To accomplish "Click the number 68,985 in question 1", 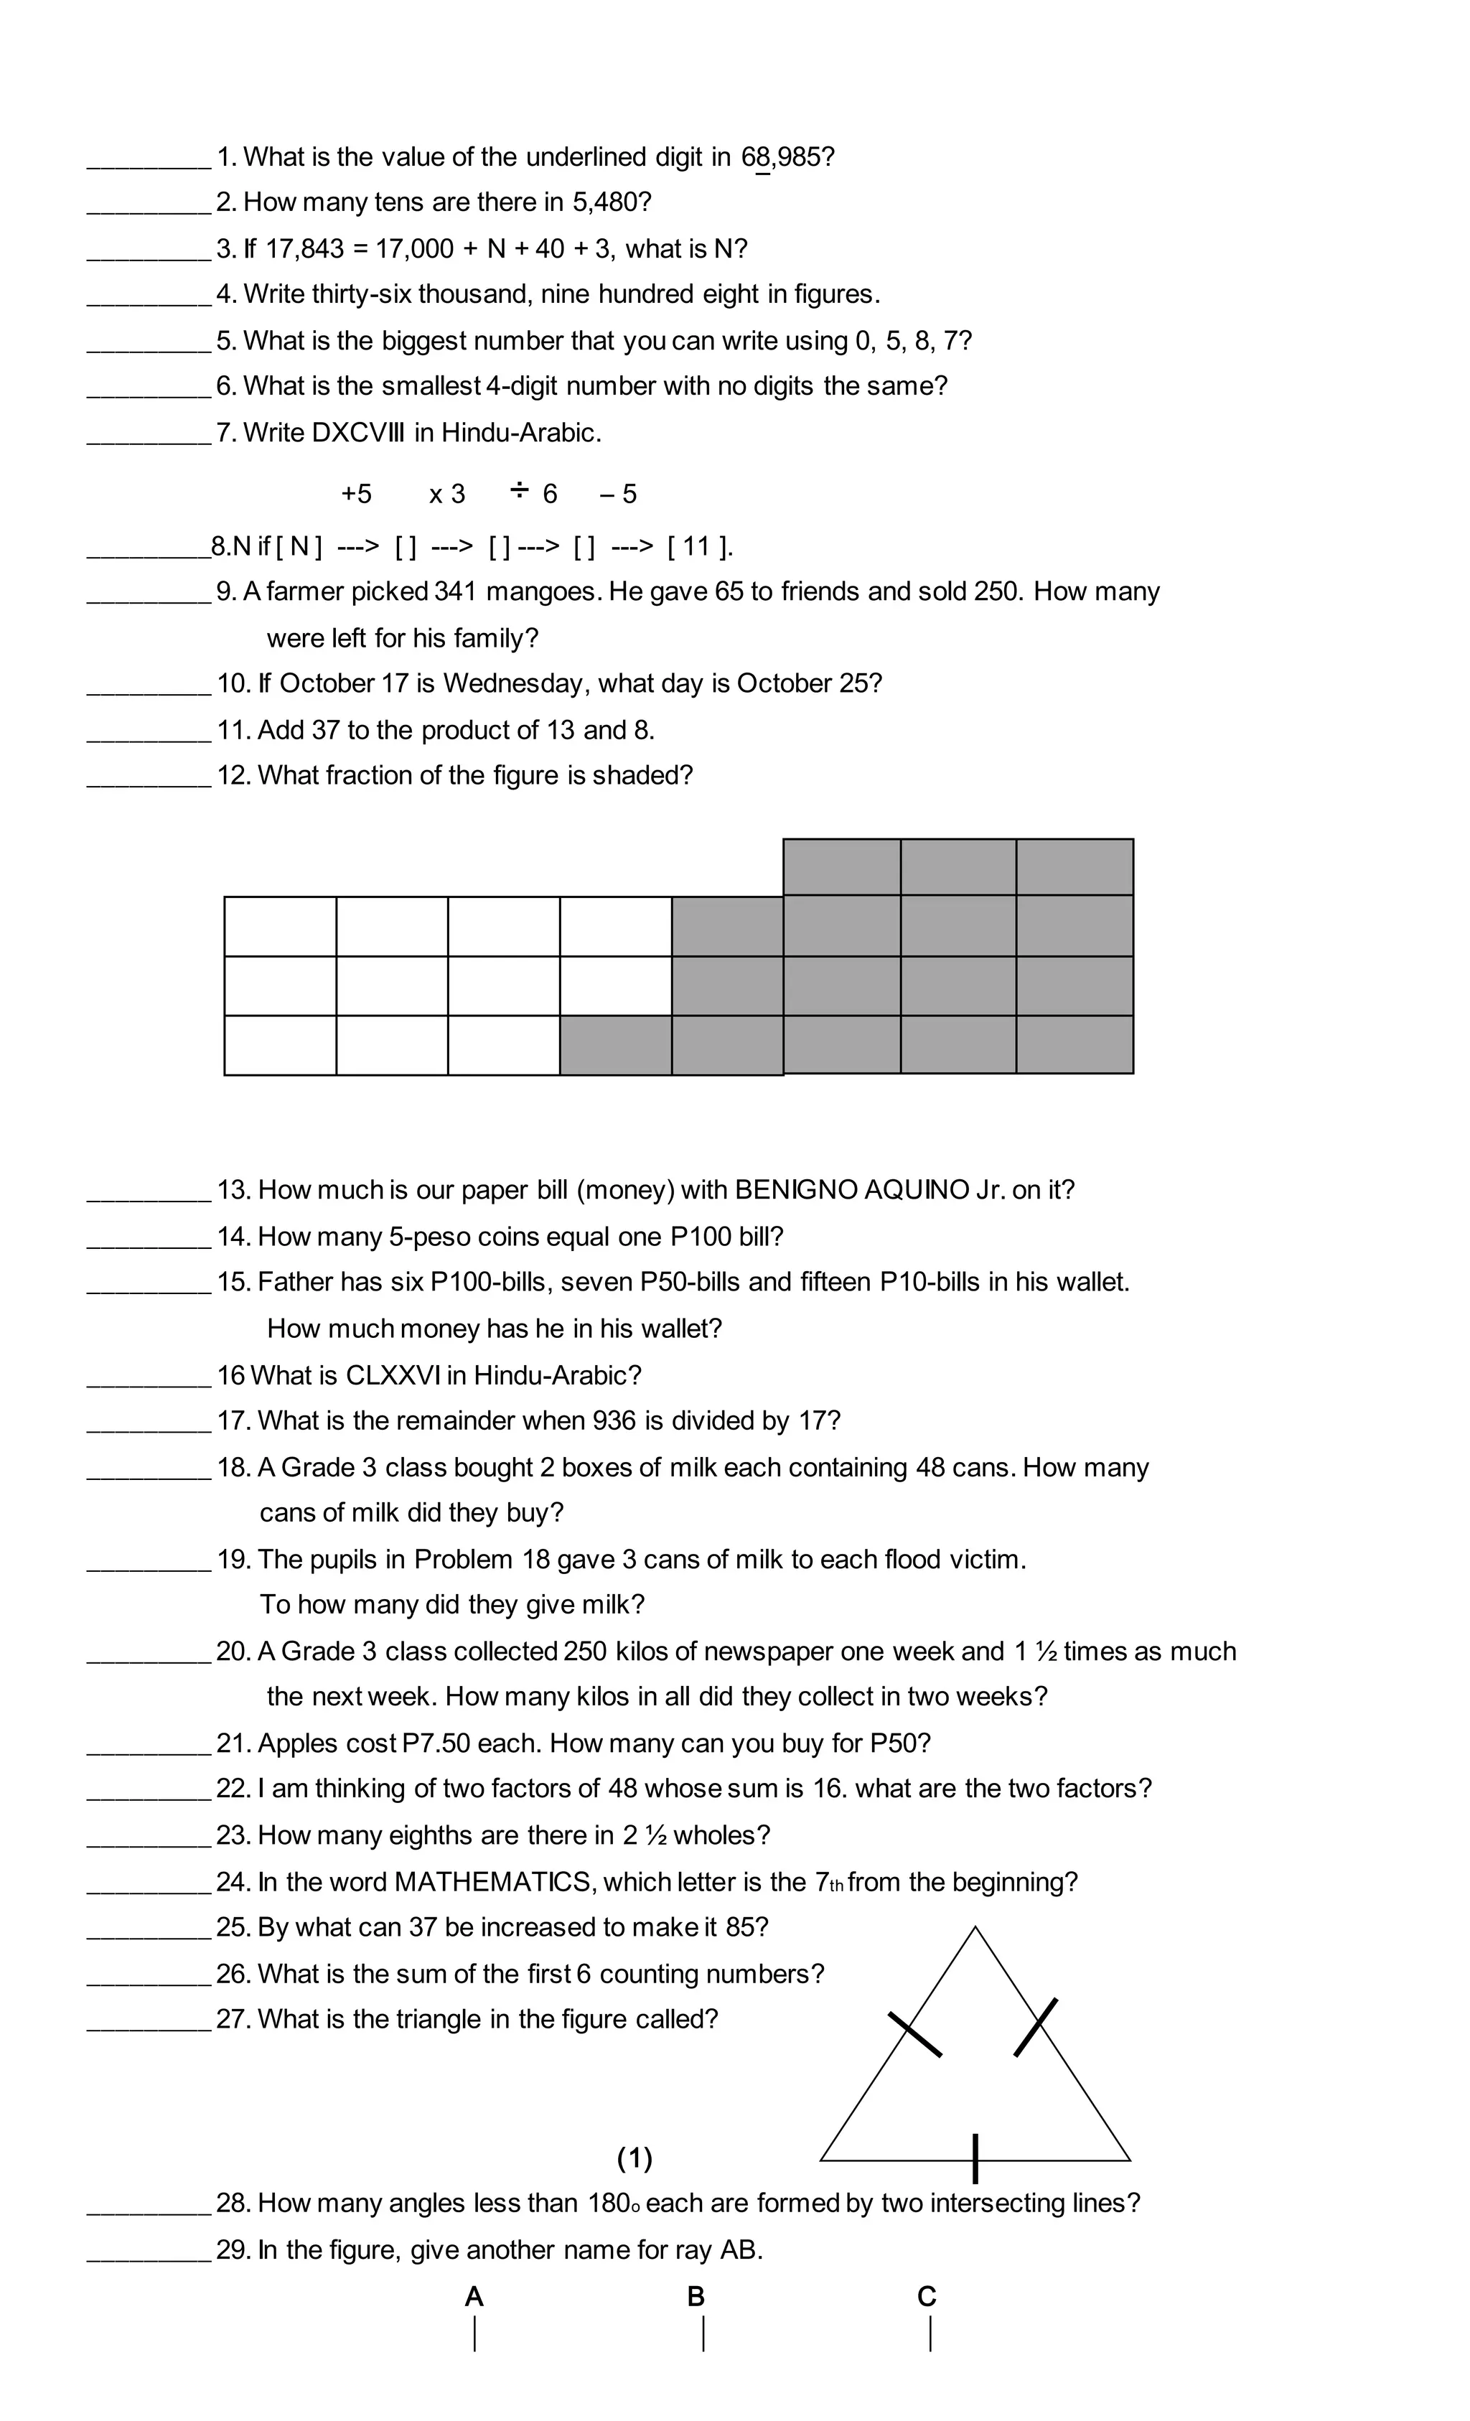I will tap(785, 157).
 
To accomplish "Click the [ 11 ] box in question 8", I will tap(698, 546).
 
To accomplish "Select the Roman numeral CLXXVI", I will tap(392, 1375).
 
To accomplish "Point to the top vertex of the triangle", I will tap(975, 1928).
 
